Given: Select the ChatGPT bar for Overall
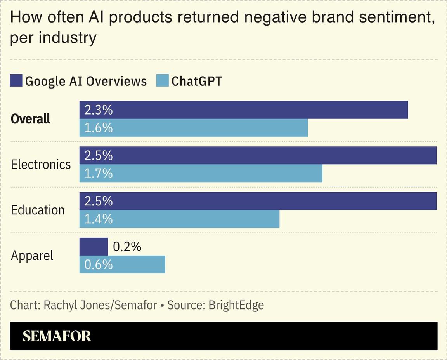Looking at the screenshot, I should tap(194, 128).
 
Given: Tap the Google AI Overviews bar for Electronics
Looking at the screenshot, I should tap(258, 155).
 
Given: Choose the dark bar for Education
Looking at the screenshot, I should tap(258, 201).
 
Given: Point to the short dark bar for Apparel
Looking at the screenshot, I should tap(94, 247).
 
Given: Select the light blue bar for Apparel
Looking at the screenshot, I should tap(122, 264).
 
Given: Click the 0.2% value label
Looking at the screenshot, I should tap(127, 247).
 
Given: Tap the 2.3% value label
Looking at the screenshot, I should tap(99, 110).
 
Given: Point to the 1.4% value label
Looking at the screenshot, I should tap(99, 219).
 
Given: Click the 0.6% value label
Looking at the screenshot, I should tap(99, 264).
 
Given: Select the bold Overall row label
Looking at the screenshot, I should tap(31, 119).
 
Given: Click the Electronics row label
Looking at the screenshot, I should tap(41, 164).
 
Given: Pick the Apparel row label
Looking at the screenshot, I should tap(32, 256).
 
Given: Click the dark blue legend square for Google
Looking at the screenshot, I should tap(16, 81).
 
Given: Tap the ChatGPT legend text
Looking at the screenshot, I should tap(197, 81).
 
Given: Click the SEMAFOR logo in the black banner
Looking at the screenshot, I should tap(57, 336).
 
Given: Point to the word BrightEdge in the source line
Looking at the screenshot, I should tap(236, 305).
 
